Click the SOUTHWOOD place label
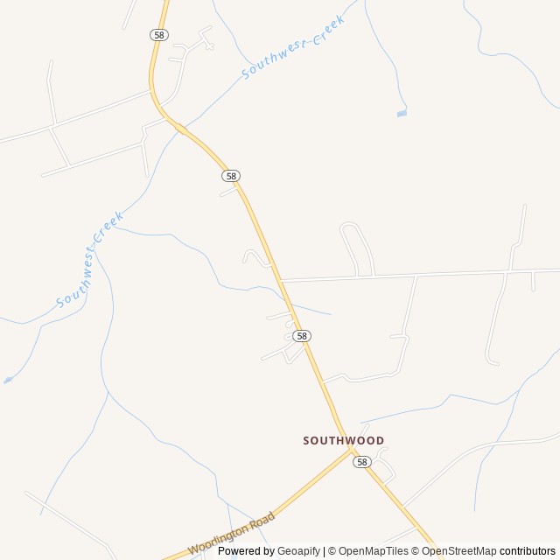pos(343,440)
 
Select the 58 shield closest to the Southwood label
pos(362,461)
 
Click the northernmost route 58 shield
pos(157,34)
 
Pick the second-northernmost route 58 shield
pos(230,175)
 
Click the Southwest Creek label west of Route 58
pos(91,260)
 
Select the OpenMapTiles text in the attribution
pos(374,551)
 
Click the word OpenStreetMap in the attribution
pos(458,551)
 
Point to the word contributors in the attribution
pos(528,551)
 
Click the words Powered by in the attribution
pos(246,551)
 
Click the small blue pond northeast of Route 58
pos(402,113)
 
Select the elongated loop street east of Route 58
pos(357,249)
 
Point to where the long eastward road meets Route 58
pos(280,281)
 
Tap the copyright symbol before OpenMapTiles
pos(330,551)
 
